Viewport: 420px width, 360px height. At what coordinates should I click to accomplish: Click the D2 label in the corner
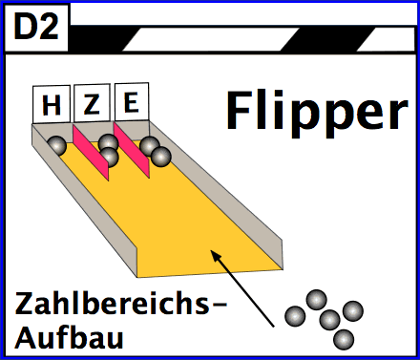point(36,29)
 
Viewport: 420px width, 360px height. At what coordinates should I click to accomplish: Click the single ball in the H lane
point(58,146)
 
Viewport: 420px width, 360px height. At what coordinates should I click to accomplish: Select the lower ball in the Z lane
point(110,158)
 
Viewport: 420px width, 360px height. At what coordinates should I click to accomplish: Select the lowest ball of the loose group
point(345,338)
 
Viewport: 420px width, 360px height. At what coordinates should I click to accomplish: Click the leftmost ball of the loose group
point(295,314)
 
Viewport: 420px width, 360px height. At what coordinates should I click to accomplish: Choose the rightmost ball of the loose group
point(353,310)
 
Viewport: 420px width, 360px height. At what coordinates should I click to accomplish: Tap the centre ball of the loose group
point(330,319)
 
